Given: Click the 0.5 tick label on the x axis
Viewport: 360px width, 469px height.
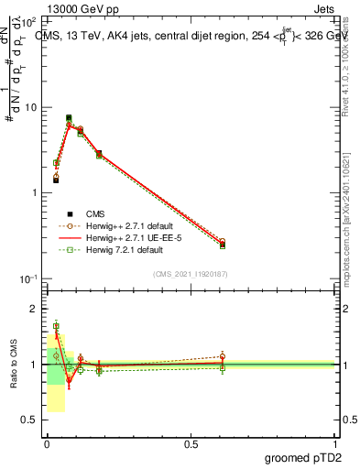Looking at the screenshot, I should (191, 444).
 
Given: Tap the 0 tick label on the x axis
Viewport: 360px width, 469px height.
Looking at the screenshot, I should (47, 444).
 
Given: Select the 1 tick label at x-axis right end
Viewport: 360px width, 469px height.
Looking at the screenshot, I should (335, 444).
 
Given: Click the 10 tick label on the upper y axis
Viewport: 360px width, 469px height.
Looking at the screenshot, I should (30, 107).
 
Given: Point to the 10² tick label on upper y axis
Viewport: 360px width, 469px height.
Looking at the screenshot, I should (30, 22).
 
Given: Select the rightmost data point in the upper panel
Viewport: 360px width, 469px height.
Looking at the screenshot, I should (223, 244).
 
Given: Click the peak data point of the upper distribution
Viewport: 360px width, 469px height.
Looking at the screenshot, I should (69, 118).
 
